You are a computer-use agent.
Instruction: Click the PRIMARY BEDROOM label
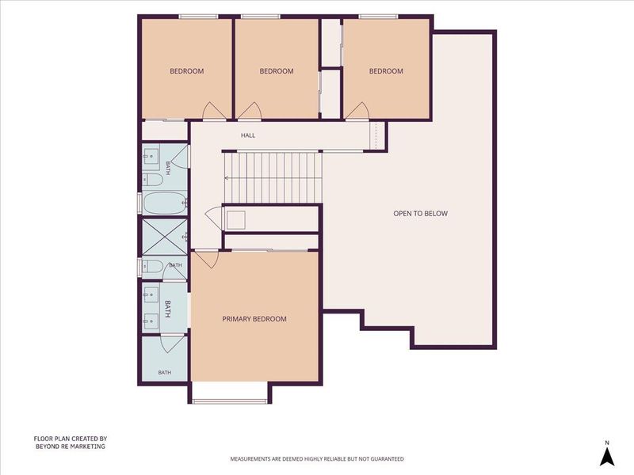click(x=254, y=319)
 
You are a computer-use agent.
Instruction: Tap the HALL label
click(x=248, y=135)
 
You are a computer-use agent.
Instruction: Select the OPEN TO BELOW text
click(x=421, y=213)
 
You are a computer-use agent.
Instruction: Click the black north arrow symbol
click(x=607, y=457)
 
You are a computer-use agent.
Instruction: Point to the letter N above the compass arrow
click(x=607, y=443)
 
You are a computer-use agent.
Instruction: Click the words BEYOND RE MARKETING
click(x=71, y=446)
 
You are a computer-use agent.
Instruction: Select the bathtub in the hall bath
click(x=165, y=203)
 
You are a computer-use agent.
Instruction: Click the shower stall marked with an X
click(x=165, y=237)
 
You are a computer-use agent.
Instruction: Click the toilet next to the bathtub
click(x=153, y=180)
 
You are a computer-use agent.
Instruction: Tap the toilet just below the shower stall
click(x=153, y=266)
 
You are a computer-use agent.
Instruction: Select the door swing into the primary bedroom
click(x=207, y=259)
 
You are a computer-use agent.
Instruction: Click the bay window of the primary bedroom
click(x=230, y=401)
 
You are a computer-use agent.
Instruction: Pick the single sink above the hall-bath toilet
click(x=151, y=154)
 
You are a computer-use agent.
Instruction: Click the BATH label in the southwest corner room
click(x=165, y=372)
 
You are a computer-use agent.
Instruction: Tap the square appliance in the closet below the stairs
click(x=235, y=220)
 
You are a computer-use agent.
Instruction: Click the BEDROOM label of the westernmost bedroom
click(x=187, y=71)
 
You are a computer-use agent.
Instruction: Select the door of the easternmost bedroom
click(x=358, y=111)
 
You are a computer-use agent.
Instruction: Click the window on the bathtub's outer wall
click(x=139, y=203)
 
